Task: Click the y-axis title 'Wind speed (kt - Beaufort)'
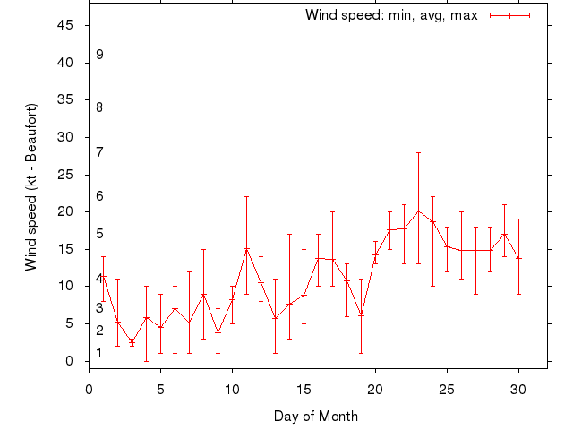[31, 186]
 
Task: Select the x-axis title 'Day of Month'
[316, 416]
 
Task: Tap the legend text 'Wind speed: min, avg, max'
[392, 15]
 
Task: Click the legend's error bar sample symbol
[510, 15]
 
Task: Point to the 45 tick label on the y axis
[64, 25]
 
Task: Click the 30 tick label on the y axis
[64, 137]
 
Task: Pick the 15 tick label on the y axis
[64, 249]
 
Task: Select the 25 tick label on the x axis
[447, 389]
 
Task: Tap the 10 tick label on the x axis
[232, 389]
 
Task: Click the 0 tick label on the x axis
[89, 389]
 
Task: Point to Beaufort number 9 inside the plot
[100, 55]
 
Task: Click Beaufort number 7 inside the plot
[100, 152]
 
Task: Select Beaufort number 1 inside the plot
[100, 353]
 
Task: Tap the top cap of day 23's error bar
[418, 152]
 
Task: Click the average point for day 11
[246, 249]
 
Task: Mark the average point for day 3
[132, 341]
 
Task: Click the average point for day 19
[361, 315]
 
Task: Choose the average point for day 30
[518, 258]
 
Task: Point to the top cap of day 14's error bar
[289, 234]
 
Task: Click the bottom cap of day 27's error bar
[475, 294]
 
